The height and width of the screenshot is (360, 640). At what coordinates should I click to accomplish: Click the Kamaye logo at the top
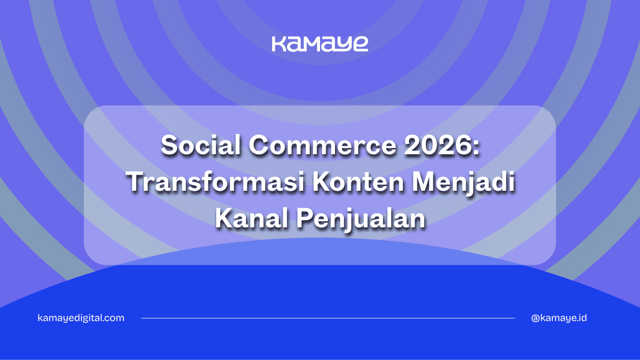coord(320,44)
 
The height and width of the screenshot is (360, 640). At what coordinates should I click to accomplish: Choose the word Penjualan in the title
coord(361,219)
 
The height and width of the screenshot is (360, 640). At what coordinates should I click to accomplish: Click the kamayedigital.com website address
coord(81,318)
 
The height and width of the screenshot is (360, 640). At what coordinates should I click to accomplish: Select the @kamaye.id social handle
coord(559,318)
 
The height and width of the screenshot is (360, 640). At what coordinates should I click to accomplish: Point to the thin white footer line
coord(328,318)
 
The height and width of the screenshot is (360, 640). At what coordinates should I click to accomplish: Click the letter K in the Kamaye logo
coord(279,44)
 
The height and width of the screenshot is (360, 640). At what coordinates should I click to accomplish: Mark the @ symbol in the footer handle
coord(536,318)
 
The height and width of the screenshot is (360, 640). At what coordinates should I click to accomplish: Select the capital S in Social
coord(169,146)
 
